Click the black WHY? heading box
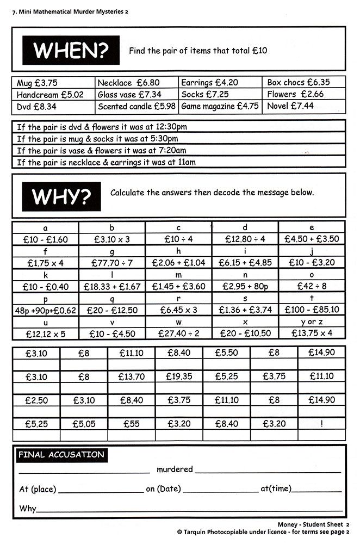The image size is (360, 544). click(61, 195)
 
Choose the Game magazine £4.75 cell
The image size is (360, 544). click(220, 107)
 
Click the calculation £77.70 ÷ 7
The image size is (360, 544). click(112, 263)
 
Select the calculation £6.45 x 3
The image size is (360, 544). click(178, 310)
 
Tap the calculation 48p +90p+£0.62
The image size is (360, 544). click(46, 310)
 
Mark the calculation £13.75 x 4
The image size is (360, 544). click(312, 333)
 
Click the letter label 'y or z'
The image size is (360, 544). click(312, 322)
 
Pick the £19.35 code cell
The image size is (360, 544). click(178, 376)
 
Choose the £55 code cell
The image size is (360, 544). click(131, 423)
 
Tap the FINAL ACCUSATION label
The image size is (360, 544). click(60, 455)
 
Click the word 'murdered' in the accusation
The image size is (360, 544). click(175, 469)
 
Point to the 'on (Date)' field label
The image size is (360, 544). click(163, 489)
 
